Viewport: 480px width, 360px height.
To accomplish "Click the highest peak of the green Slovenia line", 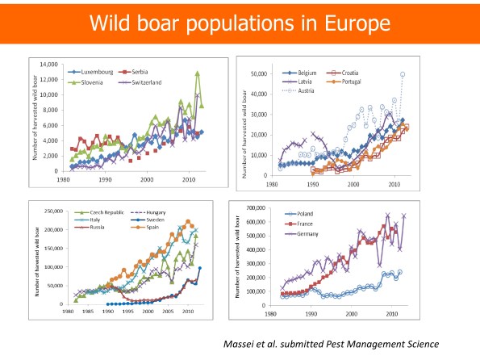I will [197, 73].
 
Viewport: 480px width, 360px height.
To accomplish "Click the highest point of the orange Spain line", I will [188, 221].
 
